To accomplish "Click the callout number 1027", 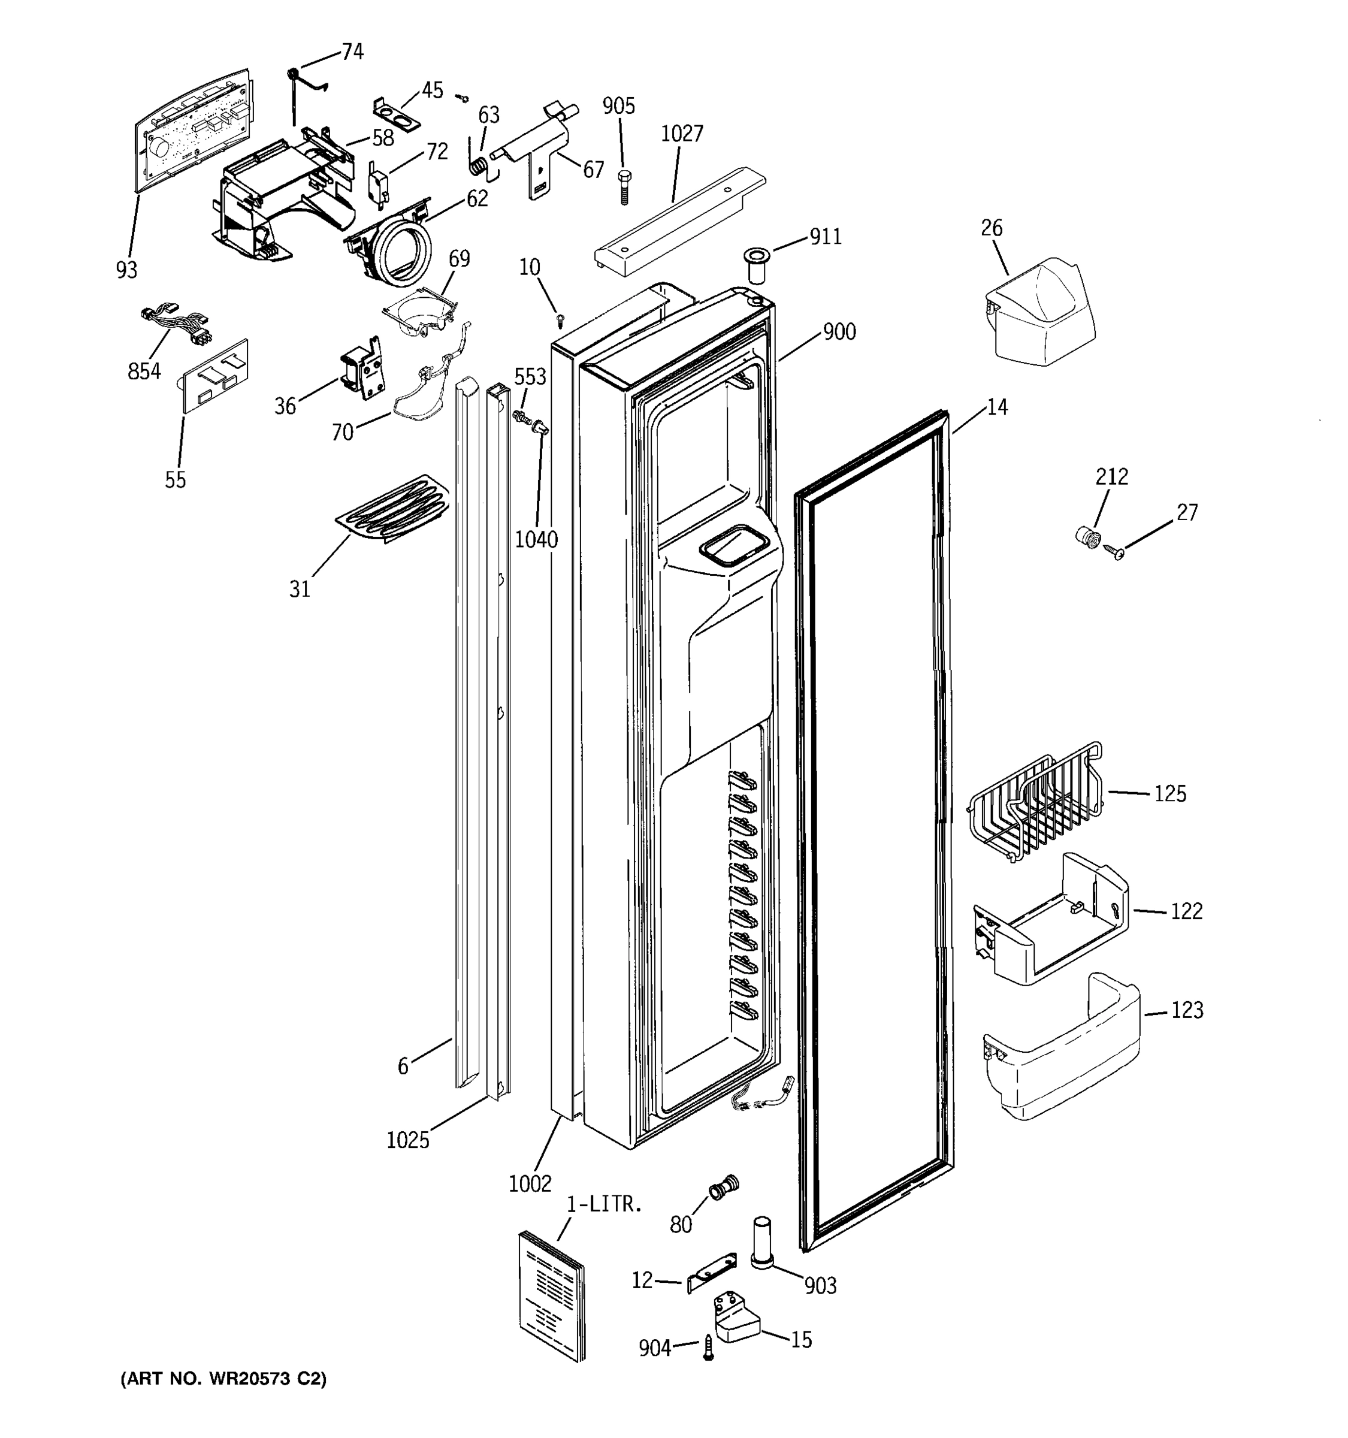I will click(681, 134).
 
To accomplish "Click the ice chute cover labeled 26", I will click(1040, 307).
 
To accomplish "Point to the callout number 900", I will click(839, 332).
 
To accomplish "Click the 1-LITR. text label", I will click(604, 1204).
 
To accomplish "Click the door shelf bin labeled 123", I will click(1061, 1047).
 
